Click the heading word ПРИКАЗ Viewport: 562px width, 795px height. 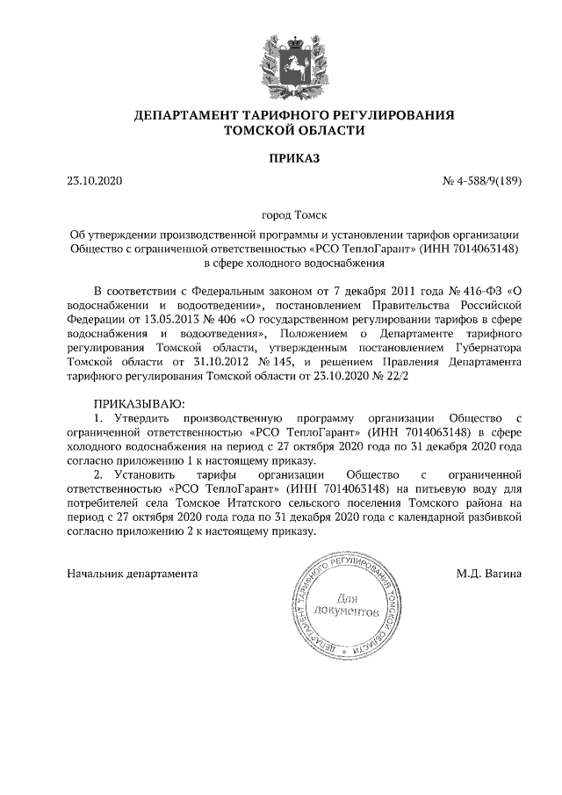pyautogui.click(x=294, y=158)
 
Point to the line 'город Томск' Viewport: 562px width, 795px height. pyautogui.click(x=294, y=214)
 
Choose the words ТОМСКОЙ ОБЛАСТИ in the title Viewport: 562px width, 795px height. pyautogui.click(x=294, y=130)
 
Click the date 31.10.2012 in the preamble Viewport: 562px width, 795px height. pyautogui.click(x=205, y=362)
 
